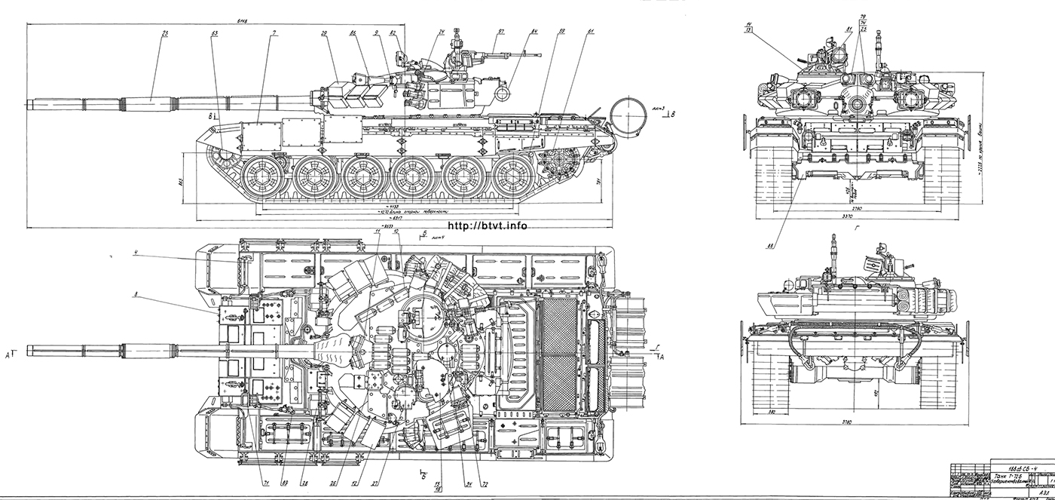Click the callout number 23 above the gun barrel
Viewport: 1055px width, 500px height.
pos(164,33)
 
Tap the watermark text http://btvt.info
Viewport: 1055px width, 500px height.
pos(487,225)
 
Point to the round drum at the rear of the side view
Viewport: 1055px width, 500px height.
pos(628,114)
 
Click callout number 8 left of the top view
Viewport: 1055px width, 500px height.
pos(135,296)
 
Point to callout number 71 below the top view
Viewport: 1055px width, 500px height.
pos(265,483)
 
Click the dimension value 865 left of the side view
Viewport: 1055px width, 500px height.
pos(182,182)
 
